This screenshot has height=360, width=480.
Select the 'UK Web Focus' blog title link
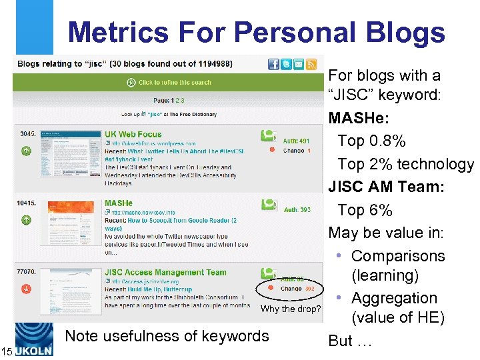coord(133,135)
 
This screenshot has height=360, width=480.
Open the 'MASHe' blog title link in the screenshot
coord(119,203)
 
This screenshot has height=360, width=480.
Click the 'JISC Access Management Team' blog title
coord(165,272)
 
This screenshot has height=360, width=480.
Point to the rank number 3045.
coord(27,134)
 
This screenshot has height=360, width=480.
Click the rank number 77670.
coord(27,273)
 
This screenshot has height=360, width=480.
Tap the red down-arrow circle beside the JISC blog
coord(26,289)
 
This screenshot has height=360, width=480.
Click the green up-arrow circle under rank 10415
coord(26,219)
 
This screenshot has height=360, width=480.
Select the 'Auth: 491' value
coord(296,141)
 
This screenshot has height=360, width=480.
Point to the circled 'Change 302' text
coord(297,289)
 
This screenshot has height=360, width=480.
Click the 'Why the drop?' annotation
coord(291,309)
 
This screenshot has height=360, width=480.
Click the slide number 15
coord(7,351)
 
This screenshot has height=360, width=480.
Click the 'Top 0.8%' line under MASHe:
coord(371,141)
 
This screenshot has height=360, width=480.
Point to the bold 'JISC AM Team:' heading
coord(385,187)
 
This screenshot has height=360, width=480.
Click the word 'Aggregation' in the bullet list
coord(394,298)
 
